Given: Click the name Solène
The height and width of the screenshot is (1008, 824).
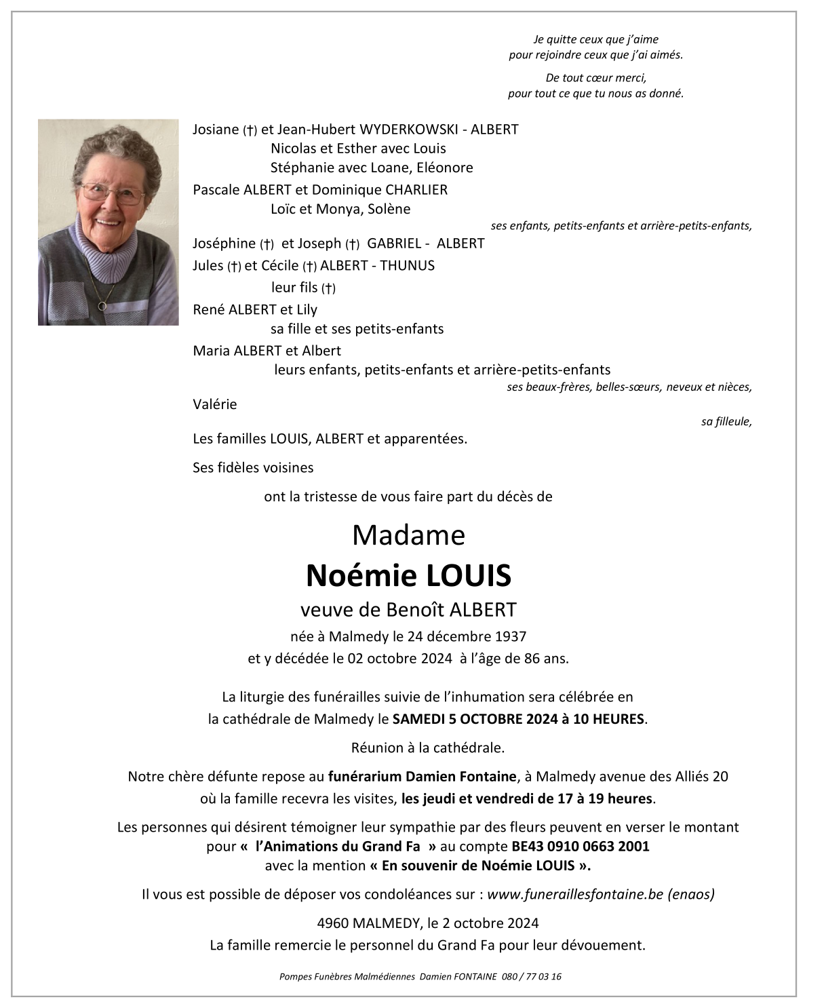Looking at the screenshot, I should [x=389, y=209].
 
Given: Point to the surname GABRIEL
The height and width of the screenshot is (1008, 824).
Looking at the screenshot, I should [x=396, y=243].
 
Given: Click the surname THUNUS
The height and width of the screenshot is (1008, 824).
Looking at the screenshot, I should [x=407, y=265].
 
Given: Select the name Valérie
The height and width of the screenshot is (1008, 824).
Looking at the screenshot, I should [x=215, y=404].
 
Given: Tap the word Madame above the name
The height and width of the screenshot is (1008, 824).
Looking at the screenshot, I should [x=408, y=535].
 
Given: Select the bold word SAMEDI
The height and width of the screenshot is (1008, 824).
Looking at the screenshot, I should [x=418, y=718].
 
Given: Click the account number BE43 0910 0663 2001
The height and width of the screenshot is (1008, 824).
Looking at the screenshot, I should [x=580, y=846].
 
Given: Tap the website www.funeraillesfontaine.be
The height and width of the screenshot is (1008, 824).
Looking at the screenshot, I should [x=575, y=894].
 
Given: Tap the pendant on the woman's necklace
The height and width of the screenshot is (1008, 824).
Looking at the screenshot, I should [x=102, y=307].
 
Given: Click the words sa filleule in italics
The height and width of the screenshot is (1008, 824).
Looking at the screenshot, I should [x=726, y=421].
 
